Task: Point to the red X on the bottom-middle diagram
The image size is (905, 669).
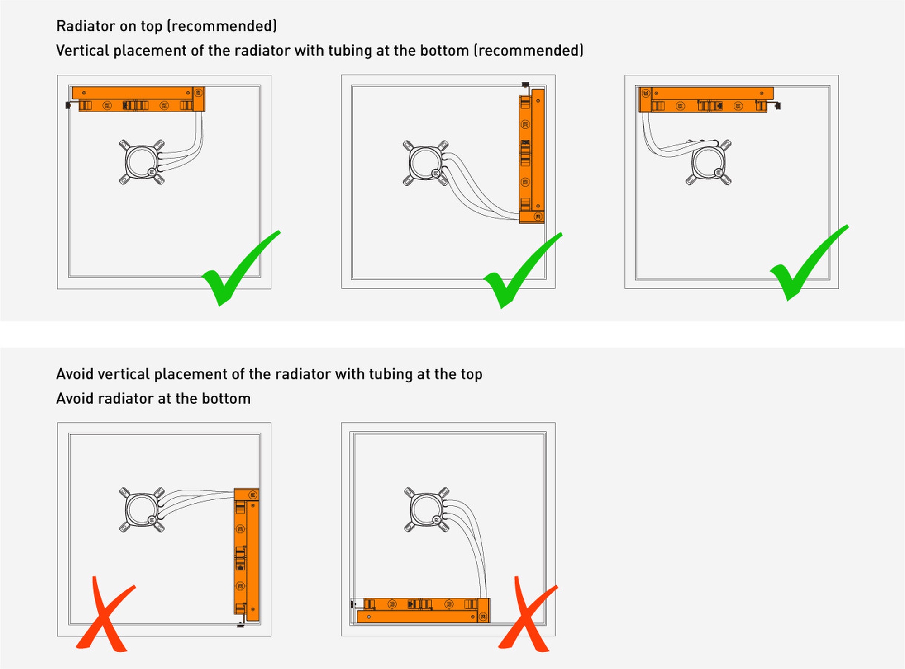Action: click(x=527, y=617)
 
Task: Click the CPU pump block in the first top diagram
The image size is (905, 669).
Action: click(x=142, y=162)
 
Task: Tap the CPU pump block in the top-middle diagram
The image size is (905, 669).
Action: click(x=425, y=163)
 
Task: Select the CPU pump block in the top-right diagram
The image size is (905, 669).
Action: click(x=709, y=163)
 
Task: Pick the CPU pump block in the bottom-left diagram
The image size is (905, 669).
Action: click(x=142, y=510)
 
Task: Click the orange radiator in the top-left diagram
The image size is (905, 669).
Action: click(x=138, y=99)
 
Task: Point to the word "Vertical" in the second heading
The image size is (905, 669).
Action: click(x=83, y=51)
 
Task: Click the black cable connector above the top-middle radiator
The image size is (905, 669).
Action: click(x=525, y=85)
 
